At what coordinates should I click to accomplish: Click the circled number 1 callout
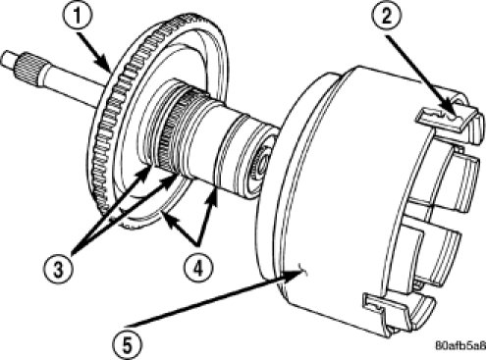point(78,17)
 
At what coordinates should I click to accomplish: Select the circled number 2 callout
point(387,17)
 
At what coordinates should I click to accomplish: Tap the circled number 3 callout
point(58,270)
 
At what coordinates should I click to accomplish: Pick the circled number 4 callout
point(198,269)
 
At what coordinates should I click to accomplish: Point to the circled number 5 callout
point(128,344)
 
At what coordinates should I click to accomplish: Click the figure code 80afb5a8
point(460,345)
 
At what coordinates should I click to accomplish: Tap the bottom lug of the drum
point(398,312)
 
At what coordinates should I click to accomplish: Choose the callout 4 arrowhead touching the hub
point(213,195)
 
